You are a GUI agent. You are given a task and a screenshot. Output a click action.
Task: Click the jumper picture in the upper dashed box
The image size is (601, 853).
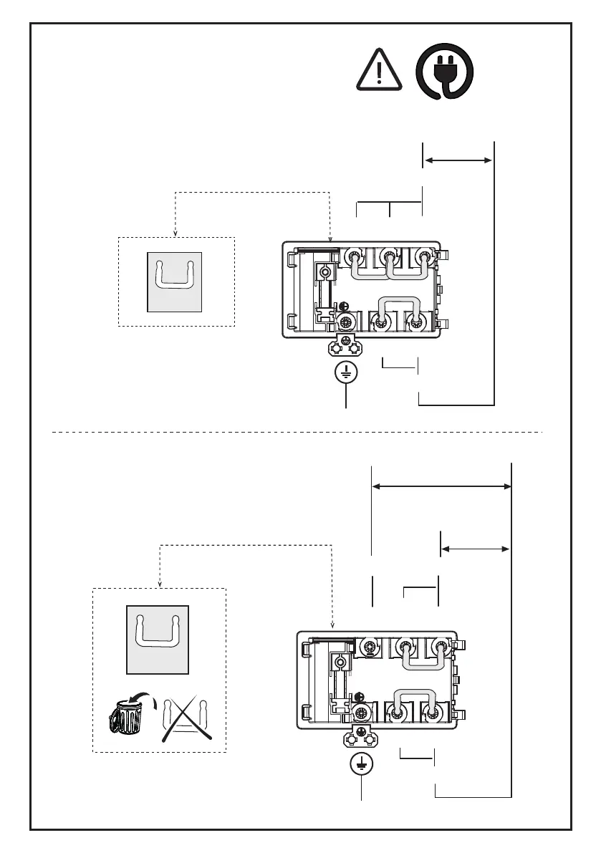point(174,281)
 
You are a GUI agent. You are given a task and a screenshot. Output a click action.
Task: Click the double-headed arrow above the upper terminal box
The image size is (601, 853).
point(459,161)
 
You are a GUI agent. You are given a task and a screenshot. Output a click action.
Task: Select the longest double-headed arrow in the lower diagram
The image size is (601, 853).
point(441,486)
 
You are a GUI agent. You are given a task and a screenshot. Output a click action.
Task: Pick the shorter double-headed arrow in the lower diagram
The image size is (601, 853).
point(475,549)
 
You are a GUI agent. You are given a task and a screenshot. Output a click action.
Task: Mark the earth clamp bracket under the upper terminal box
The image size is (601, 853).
point(346,347)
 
